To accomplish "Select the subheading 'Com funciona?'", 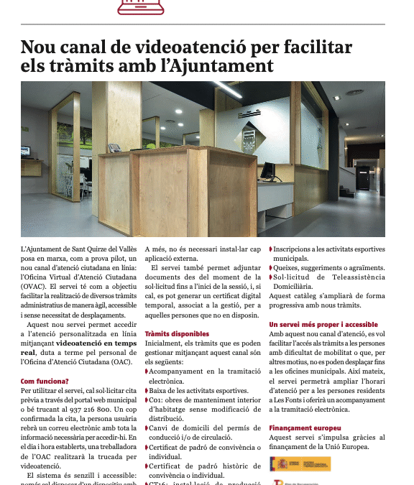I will (x=45, y=381).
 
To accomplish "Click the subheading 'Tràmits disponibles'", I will (x=177, y=334).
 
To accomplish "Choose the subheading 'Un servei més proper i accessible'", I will (x=323, y=325).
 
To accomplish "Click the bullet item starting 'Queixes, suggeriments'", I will (x=328, y=267).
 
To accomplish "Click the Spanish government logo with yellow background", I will (x=300, y=464).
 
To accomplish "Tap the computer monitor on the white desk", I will (x=268, y=170).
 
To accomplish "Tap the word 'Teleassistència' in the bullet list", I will (x=351, y=277).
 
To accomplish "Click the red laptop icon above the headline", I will (x=141, y=7).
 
